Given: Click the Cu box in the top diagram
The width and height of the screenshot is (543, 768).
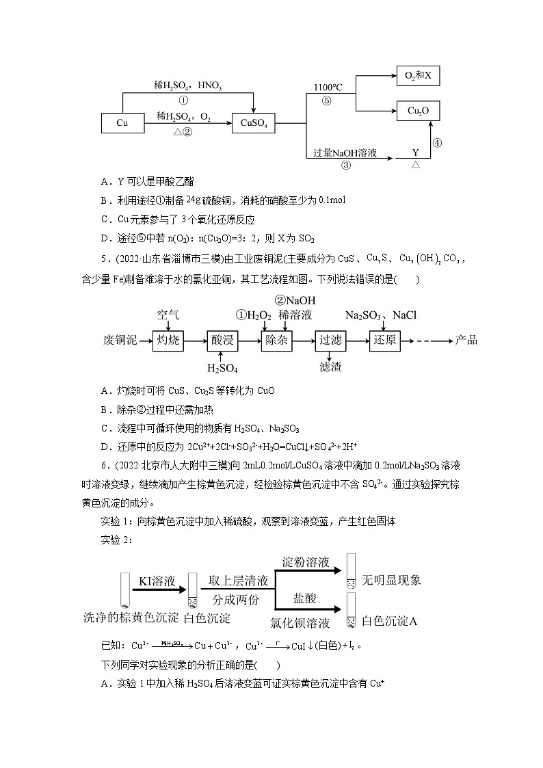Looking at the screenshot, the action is pos(122,123).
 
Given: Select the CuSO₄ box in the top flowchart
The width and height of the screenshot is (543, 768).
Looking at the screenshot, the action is pos(254,124).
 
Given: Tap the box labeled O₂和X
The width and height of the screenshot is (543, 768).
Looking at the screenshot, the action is pos(418,75).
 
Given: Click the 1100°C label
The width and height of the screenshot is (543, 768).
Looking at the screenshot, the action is pos(328,88).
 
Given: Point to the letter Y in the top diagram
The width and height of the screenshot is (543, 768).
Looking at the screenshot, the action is pos(415,153).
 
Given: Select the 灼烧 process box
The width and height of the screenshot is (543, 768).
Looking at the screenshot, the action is pos(168,341).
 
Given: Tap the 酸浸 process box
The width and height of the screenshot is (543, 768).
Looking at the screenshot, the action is pos(223,341).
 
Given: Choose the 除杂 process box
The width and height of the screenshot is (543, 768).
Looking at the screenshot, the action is pos(277,341).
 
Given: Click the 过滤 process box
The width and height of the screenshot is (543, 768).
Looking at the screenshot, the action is pos(332,341).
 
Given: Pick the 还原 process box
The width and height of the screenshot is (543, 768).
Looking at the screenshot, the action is pos(386,341).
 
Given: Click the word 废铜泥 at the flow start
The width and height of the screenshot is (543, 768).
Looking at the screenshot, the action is pos(120,341).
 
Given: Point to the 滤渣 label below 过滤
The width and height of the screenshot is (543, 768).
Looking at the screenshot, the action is pos(330,367).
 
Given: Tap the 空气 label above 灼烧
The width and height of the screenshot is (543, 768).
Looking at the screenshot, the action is pos(168,315).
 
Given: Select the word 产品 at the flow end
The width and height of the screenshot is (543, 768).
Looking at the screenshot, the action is pos(466,341).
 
